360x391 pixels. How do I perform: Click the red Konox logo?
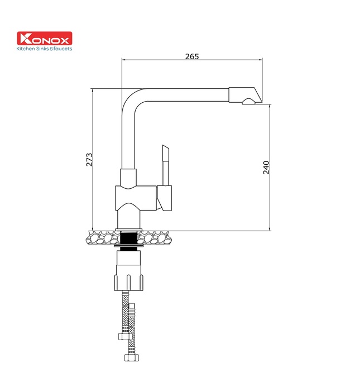(x=45, y=38)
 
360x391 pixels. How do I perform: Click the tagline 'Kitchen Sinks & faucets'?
(x=44, y=49)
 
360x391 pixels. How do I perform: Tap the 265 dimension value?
(x=192, y=56)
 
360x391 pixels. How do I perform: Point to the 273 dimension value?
(x=89, y=160)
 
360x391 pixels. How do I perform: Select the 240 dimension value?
(x=266, y=168)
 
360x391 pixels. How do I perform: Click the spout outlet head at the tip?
(x=245, y=95)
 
